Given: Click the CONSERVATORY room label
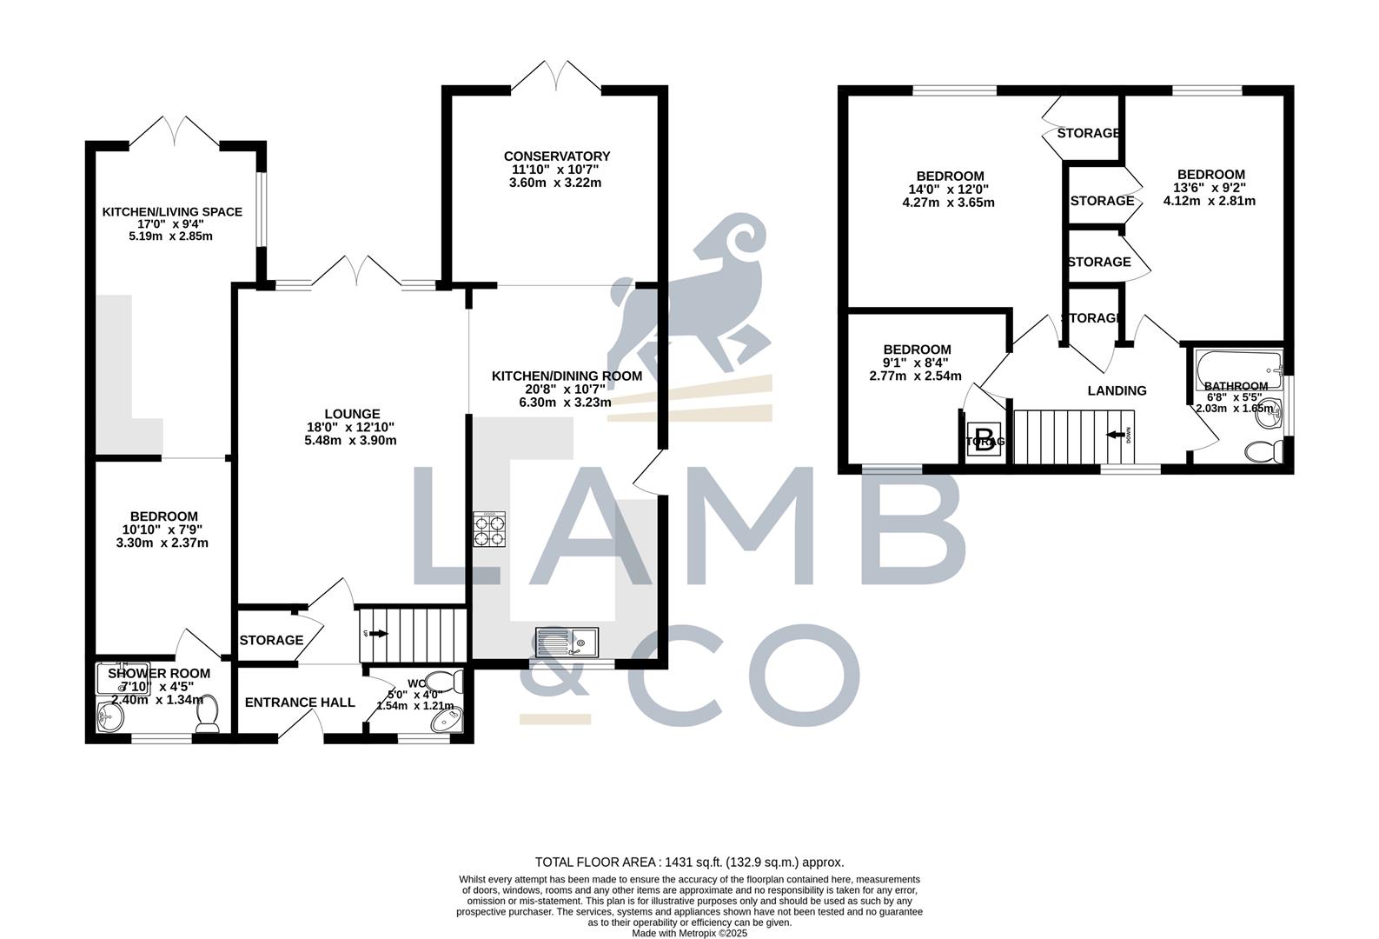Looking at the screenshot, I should (x=557, y=156).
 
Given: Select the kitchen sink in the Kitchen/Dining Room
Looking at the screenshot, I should (x=567, y=643).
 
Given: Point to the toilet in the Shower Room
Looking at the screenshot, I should (x=207, y=717).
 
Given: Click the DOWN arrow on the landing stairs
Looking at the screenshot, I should (x=1117, y=434).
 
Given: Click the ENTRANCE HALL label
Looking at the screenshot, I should (x=300, y=703).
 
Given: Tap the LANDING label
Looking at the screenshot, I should (x=1117, y=390).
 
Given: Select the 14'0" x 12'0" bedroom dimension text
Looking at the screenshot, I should (x=948, y=190).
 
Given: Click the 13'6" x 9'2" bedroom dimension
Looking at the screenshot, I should (x=1210, y=188).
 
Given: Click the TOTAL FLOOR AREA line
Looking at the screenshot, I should (x=689, y=862).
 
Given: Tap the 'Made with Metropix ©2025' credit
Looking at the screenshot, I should (x=689, y=933).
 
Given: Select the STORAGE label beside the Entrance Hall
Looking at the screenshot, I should (x=271, y=640).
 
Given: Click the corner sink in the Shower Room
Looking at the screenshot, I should (x=109, y=718).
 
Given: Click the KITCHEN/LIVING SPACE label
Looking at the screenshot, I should (x=172, y=211).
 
